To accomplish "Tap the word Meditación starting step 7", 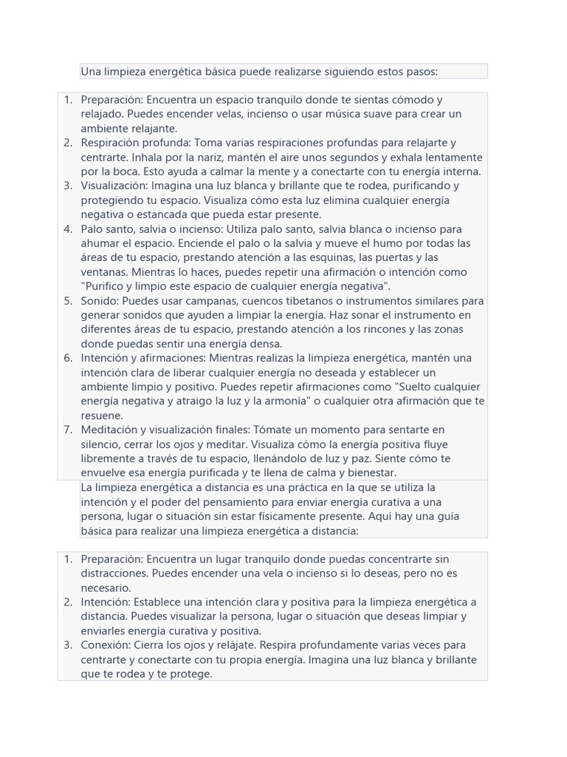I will (x=109, y=430).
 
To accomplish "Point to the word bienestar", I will (x=368, y=473).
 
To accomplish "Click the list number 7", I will (x=68, y=430).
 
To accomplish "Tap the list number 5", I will (x=68, y=301).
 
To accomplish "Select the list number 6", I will (x=68, y=358).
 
